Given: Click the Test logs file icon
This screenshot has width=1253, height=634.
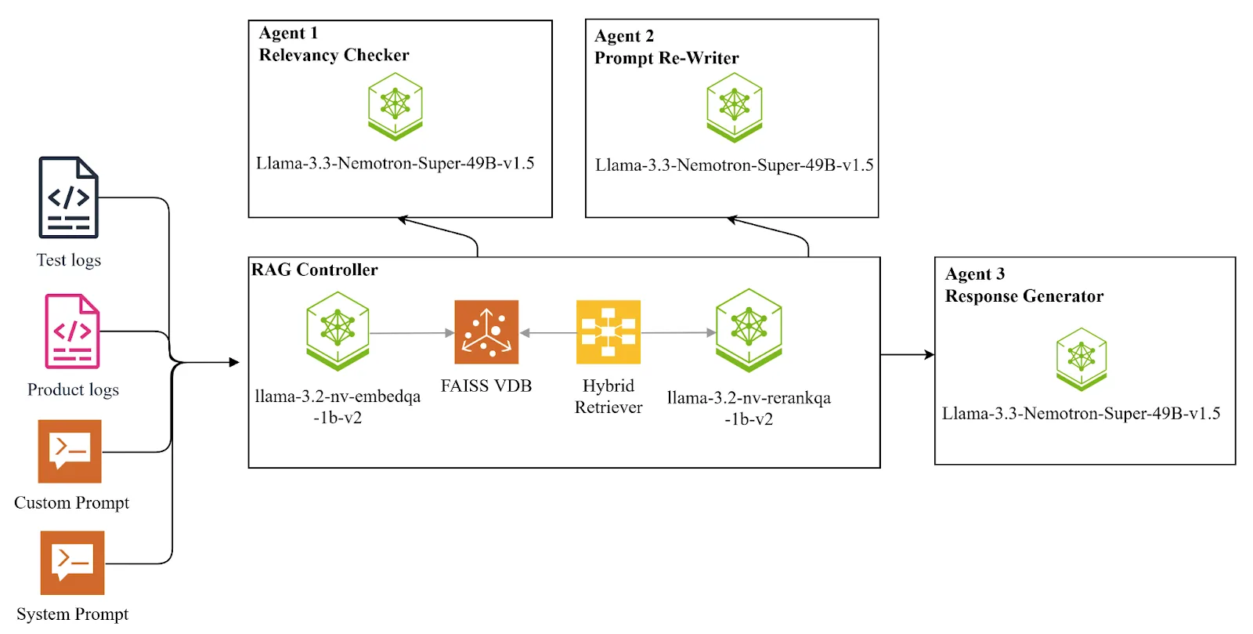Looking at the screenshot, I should pyautogui.click(x=69, y=197).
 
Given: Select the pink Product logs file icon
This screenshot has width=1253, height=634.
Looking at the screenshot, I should pyautogui.click(x=72, y=331).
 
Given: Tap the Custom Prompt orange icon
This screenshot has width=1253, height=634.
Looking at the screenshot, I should pyautogui.click(x=70, y=451).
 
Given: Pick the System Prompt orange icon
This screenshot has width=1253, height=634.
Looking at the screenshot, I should pyautogui.click(x=72, y=563).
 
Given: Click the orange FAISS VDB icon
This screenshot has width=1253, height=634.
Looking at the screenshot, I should pyautogui.click(x=486, y=332).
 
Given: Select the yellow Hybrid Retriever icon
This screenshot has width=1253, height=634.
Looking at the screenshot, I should pyautogui.click(x=608, y=332).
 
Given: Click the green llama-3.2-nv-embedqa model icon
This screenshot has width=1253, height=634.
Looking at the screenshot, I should pyautogui.click(x=338, y=331).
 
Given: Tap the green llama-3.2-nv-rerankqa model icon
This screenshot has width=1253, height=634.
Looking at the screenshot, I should pyautogui.click(x=749, y=330).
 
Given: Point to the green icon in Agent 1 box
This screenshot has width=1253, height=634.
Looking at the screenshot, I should pyautogui.click(x=395, y=107).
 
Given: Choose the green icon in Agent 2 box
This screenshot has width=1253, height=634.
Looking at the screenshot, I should pyautogui.click(x=734, y=107).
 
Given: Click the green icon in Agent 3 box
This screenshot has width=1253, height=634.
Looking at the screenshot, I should pyautogui.click(x=1081, y=359).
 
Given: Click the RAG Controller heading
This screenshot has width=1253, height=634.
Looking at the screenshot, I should pyautogui.click(x=315, y=270).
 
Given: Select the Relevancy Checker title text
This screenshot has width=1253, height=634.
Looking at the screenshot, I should pyautogui.click(x=334, y=55).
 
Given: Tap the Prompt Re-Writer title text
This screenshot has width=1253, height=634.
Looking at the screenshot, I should pyautogui.click(x=666, y=58).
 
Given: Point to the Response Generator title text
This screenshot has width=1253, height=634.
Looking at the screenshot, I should pyautogui.click(x=1024, y=296).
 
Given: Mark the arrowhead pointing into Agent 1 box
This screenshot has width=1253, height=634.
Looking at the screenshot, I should pyautogui.click(x=403, y=220).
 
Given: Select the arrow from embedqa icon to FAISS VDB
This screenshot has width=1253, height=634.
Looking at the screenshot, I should pyautogui.click(x=411, y=333).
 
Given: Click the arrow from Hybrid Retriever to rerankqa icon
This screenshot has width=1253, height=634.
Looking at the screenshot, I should pyautogui.click(x=677, y=333).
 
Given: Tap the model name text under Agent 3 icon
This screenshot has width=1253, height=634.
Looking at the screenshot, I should pyautogui.click(x=1081, y=413).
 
